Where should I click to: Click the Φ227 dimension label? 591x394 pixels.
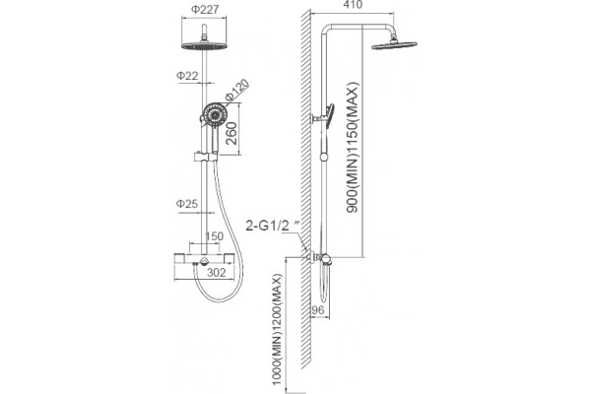(204, 9)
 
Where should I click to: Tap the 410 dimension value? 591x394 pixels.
(354, 5)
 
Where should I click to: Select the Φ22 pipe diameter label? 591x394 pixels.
(187, 76)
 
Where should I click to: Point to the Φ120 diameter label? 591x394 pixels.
(237, 90)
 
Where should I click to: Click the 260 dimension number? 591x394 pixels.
(231, 133)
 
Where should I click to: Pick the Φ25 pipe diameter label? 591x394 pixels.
(187, 204)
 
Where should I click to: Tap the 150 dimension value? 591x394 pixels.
(214, 236)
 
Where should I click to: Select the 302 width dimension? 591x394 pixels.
(217, 272)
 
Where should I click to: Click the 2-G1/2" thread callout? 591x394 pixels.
(273, 226)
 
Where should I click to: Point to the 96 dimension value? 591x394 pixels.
(318, 310)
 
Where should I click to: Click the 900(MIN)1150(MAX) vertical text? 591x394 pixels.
(353, 148)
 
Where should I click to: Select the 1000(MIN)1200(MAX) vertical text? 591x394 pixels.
(278, 330)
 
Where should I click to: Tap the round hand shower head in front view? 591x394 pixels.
(215, 113)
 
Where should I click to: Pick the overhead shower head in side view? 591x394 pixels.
(394, 45)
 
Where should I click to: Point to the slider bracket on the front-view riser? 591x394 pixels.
(204, 157)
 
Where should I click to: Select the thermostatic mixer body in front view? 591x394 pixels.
(204, 259)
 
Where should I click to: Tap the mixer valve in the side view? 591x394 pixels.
(320, 259)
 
